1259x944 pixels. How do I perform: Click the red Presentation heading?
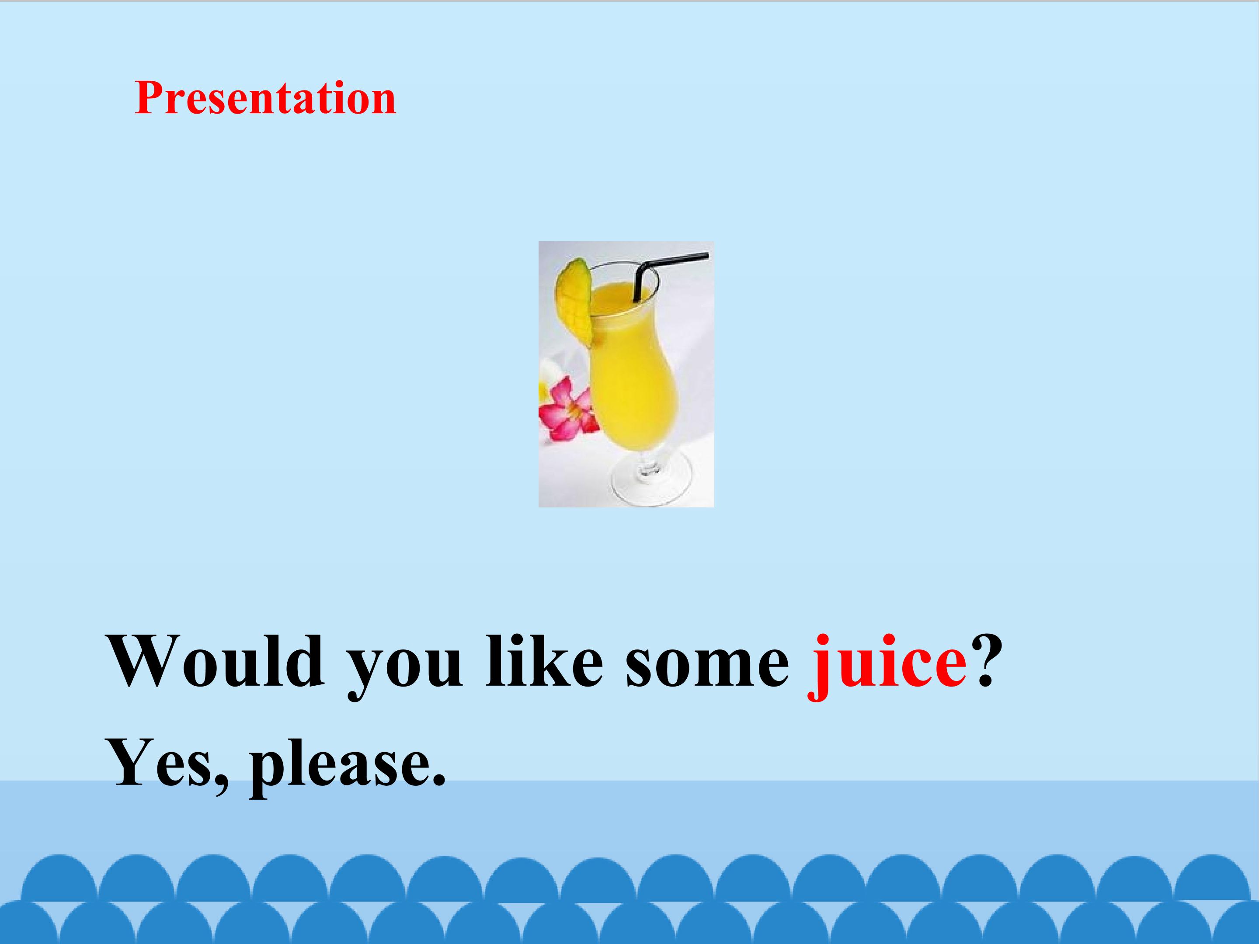(265, 98)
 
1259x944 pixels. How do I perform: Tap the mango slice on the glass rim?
(574, 302)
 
